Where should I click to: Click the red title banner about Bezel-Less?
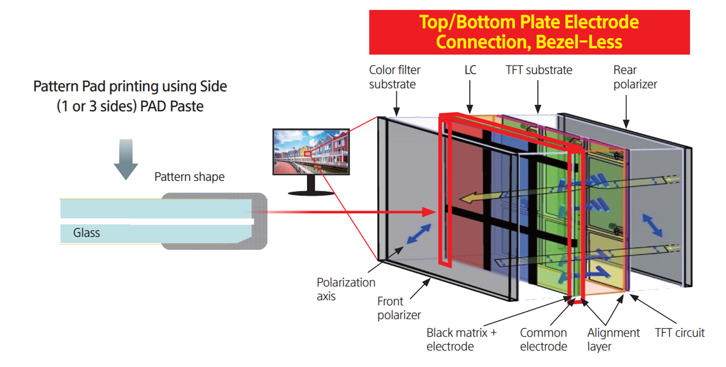[529, 32]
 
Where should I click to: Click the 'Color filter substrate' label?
[394, 77]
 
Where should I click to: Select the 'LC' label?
[470, 70]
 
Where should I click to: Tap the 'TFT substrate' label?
[539, 70]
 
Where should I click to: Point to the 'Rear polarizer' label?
[635, 77]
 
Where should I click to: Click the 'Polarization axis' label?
[345, 289]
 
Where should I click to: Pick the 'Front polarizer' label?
[398, 308]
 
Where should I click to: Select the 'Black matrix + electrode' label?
[461, 339]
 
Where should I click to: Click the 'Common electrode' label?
[543, 339]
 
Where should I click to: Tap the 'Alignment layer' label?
[613, 339]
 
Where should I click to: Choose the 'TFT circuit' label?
[679, 333]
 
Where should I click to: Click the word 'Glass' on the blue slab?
[86, 233]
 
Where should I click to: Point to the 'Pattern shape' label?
[189, 177]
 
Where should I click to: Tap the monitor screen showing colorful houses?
[311, 152]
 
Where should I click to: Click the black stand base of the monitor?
[311, 193]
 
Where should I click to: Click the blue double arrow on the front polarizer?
[419, 234]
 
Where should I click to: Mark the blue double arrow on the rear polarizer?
[652, 225]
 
